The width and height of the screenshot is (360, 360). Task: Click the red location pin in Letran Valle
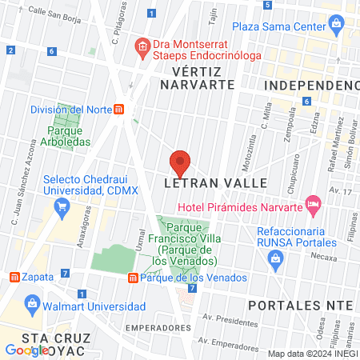181,162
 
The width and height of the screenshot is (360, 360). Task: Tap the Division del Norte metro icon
119,110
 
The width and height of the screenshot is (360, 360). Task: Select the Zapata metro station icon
14,277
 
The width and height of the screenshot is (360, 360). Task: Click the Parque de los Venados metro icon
133,278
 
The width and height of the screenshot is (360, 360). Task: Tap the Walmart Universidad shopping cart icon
33,304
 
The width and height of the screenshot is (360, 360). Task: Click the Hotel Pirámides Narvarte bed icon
313,204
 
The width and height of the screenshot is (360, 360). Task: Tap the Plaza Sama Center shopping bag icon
337,25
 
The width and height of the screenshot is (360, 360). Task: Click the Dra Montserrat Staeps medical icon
142,47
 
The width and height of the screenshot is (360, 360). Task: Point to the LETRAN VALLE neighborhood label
202,182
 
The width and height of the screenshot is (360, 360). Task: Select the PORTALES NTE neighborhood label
300,306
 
